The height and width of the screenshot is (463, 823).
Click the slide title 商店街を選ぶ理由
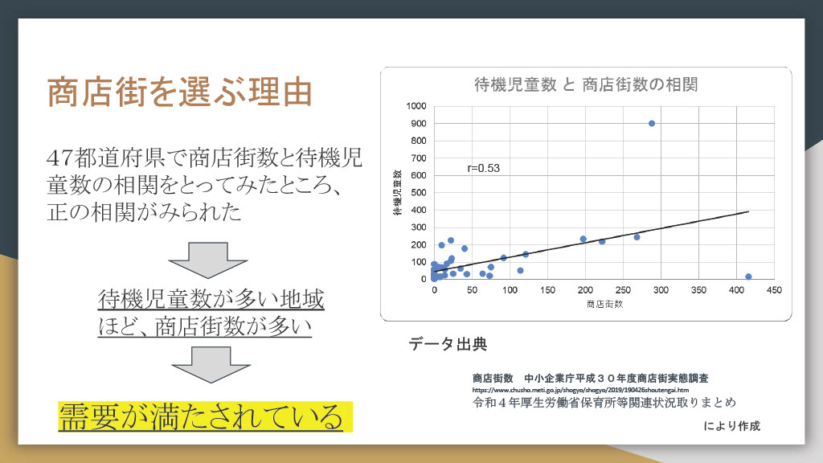coord(179,92)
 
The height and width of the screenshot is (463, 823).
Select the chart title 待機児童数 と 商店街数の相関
coord(586,84)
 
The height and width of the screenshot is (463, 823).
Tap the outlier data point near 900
coord(651,123)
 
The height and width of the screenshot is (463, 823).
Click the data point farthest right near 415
coord(748,277)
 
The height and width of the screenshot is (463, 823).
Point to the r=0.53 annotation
coord(483,168)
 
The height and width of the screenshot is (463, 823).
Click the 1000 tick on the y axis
coord(416,106)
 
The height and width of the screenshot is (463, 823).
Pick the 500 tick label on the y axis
coord(418,193)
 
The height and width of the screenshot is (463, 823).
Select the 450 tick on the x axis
coord(774,289)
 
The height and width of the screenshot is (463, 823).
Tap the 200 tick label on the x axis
coord(585,289)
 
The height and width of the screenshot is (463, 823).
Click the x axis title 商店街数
coord(604,304)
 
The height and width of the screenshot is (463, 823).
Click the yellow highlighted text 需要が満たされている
coord(201,417)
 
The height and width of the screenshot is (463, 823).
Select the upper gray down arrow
coord(208,260)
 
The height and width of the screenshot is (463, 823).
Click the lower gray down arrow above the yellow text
coord(211,364)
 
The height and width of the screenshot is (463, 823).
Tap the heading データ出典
coord(448,344)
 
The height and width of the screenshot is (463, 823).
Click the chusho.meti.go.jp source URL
coord(580,390)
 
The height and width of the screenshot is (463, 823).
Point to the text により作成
coord(731,426)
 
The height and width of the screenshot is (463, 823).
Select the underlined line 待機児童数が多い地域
coord(211,299)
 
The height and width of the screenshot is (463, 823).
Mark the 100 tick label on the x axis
coord(510,289)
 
